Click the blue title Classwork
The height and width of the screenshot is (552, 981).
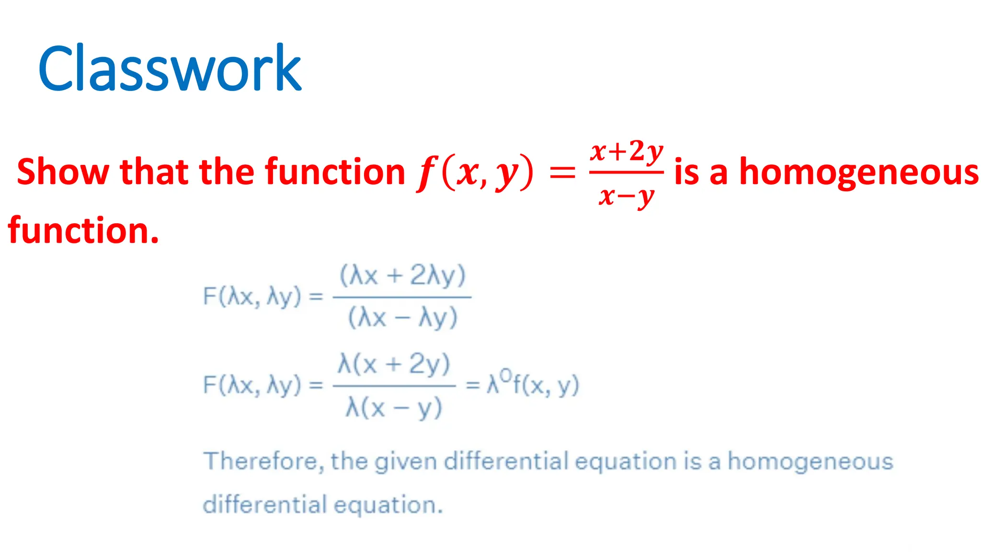(170, 68)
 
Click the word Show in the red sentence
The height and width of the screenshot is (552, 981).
(63, 172)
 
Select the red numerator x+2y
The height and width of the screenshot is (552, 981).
(627, 151)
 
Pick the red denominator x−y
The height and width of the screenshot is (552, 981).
(626, 195)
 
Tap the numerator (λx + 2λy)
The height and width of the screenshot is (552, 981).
(402, 276)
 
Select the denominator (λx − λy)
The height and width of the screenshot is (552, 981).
(402, 317)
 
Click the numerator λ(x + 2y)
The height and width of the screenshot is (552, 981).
(394, 364)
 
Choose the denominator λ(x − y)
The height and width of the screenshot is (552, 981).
(394, 408)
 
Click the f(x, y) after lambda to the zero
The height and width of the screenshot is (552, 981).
(546, 385)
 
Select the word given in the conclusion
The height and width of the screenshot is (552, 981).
(406, 462)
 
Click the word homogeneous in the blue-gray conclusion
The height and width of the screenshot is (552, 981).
(810, 462)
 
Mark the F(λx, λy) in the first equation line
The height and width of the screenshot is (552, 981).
(252, 296)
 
